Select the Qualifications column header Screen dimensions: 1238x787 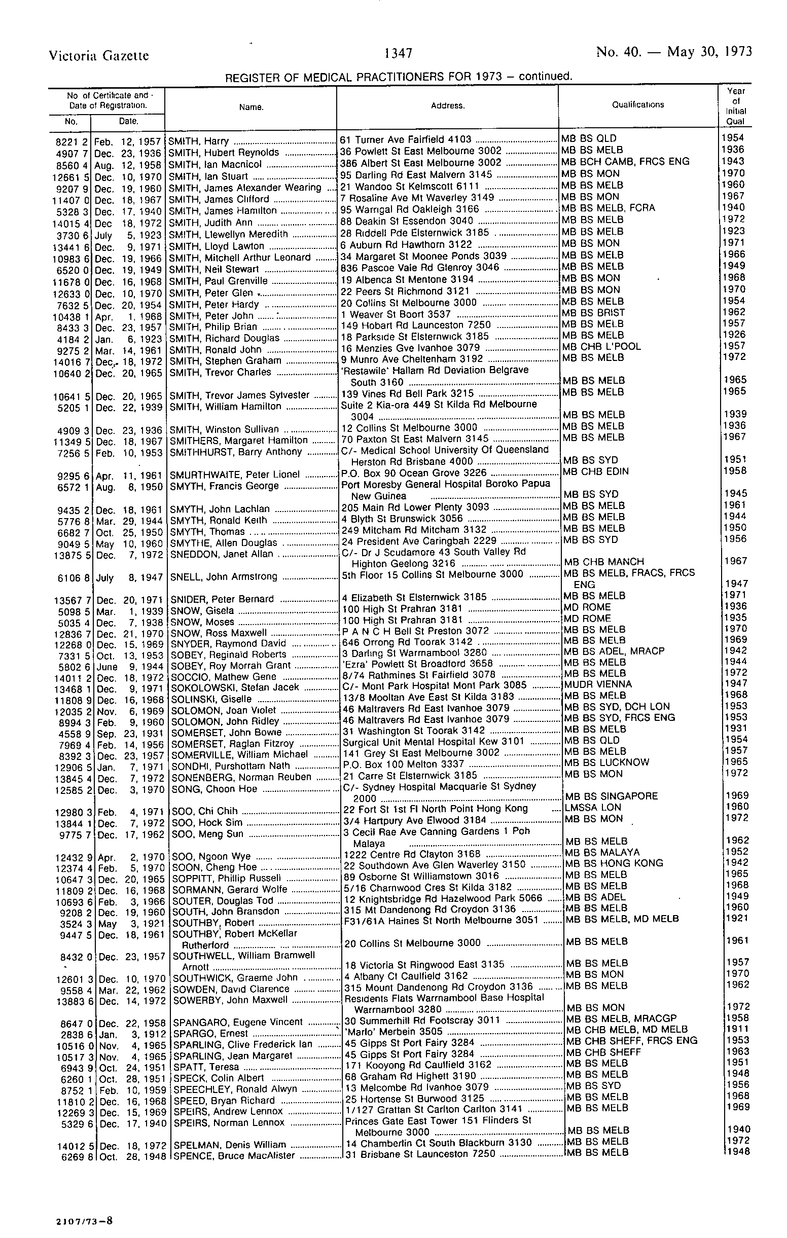coord(638,104)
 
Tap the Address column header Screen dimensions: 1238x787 coord(448,105)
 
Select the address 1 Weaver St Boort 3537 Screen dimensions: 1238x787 coord(396,314)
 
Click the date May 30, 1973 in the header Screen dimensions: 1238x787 coord(709,52)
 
